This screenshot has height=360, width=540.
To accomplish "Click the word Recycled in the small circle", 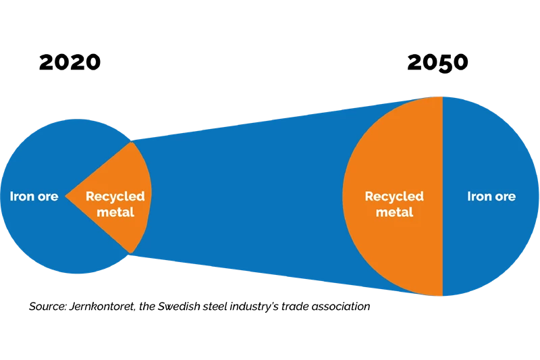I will [x=115, y=197].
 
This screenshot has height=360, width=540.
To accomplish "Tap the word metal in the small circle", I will [x=115, y=212].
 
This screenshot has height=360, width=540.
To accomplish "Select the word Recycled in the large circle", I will [x=394, y=197].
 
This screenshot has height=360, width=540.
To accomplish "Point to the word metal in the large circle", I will [x=394, y=212].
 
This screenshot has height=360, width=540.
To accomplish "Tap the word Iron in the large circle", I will [x=479, y=197].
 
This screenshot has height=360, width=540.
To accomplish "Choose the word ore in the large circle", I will [x=504, y=197].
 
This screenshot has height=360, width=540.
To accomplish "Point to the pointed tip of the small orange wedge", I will [x=66, y=197].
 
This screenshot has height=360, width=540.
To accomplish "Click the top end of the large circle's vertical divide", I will [x=443, y=97].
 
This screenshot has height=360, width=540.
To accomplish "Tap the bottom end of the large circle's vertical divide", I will [x=443, y=296].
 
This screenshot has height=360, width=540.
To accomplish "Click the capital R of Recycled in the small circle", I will [x=90, y=197].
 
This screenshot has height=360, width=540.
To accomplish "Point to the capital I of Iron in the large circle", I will [x=470, y=197].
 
